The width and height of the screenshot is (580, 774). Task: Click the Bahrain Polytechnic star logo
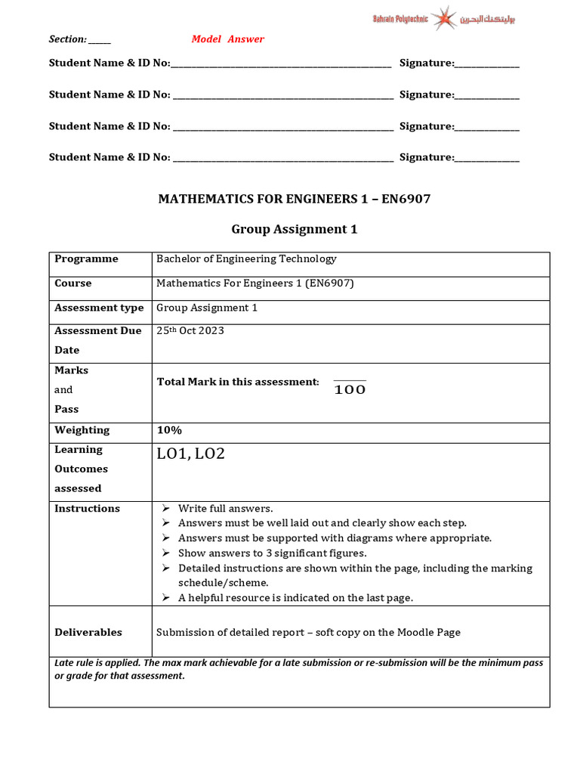(445, 18)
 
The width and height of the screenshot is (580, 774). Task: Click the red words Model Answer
(227, 39)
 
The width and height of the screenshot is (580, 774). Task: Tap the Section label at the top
(67, 39)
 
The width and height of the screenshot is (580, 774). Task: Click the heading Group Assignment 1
(294, 229)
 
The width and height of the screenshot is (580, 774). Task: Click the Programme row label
(86, 259)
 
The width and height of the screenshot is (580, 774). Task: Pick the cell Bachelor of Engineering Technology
(246, 259)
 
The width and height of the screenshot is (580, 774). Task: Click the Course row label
(72, 283)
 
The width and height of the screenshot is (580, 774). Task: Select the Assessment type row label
(99, 308)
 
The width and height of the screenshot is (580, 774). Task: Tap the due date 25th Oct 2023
(190, 330)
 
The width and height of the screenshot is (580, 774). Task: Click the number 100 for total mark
(350, 390)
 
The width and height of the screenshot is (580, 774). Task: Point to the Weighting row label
(82, 430)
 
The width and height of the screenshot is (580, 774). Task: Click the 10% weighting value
(170, 430)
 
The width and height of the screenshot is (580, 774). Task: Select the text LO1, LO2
(190, 454)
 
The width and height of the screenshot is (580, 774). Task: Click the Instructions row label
(87, 509)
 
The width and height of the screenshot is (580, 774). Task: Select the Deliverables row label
(88, 632)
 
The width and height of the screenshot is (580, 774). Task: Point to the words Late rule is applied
(97, 663)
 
